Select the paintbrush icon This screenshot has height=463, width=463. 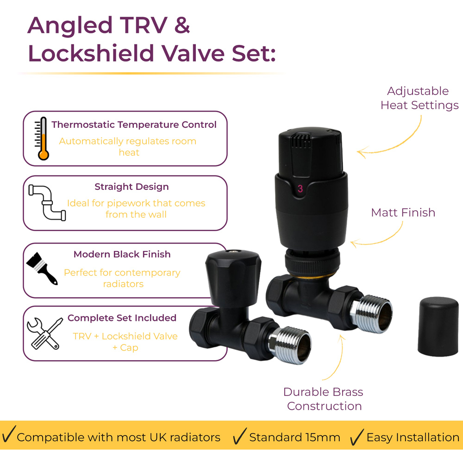[x=42, y=268]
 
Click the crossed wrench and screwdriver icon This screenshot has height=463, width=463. [x=45, y=334]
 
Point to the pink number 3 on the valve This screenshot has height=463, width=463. [x=300, y=189]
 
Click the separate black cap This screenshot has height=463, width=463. [x=438, y=326]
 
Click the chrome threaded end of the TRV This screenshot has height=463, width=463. [x=371, y=313]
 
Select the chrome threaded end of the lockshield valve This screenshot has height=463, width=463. [x=290, y=345]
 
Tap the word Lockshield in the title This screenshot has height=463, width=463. [x=91, y=53]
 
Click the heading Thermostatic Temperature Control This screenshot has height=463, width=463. [x=134, y=125]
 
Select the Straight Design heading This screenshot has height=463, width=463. [x=131, y=187]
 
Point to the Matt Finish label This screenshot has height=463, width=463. [x=403, y=213]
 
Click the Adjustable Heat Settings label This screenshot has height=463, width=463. [x=419, y=98]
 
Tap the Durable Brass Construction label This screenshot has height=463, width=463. [x=324, y=399]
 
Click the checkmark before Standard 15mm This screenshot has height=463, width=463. [x=239, y=436]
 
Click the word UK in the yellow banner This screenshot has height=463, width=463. [x=158, y=438]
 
